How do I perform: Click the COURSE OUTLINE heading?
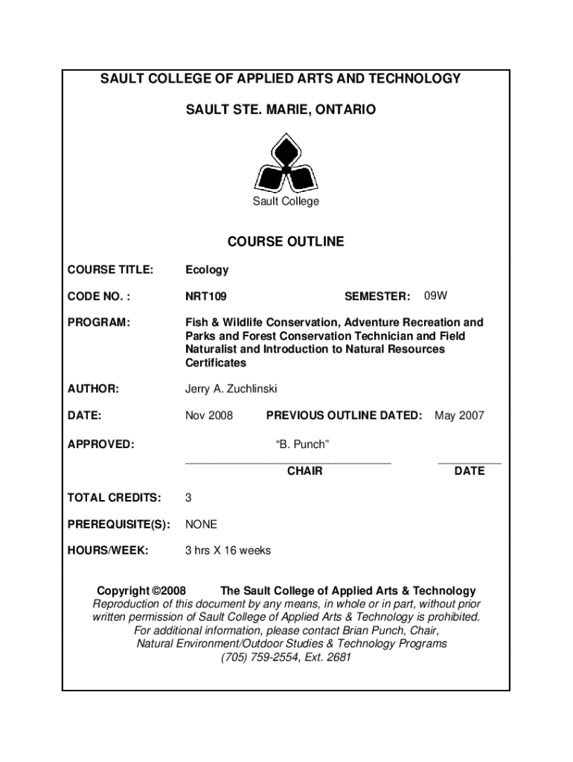(x=286, y=242)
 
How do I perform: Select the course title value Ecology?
(x=207, y=270)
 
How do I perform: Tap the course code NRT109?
(x=206, y=297)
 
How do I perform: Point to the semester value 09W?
(x=436, y=296)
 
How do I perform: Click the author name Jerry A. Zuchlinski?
(x=231, y=389)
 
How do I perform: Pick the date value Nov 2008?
(x=209, y=415)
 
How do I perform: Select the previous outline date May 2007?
(x=459, y=415)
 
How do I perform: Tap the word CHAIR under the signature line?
(x=304, y=471)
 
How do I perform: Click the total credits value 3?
(x=189, y=497)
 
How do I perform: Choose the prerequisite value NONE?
(x=201, y=525)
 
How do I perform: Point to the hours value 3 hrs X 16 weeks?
(x=228, y=551)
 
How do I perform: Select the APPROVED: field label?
(x=101, y=444)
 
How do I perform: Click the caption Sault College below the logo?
(x=286, y=202)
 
